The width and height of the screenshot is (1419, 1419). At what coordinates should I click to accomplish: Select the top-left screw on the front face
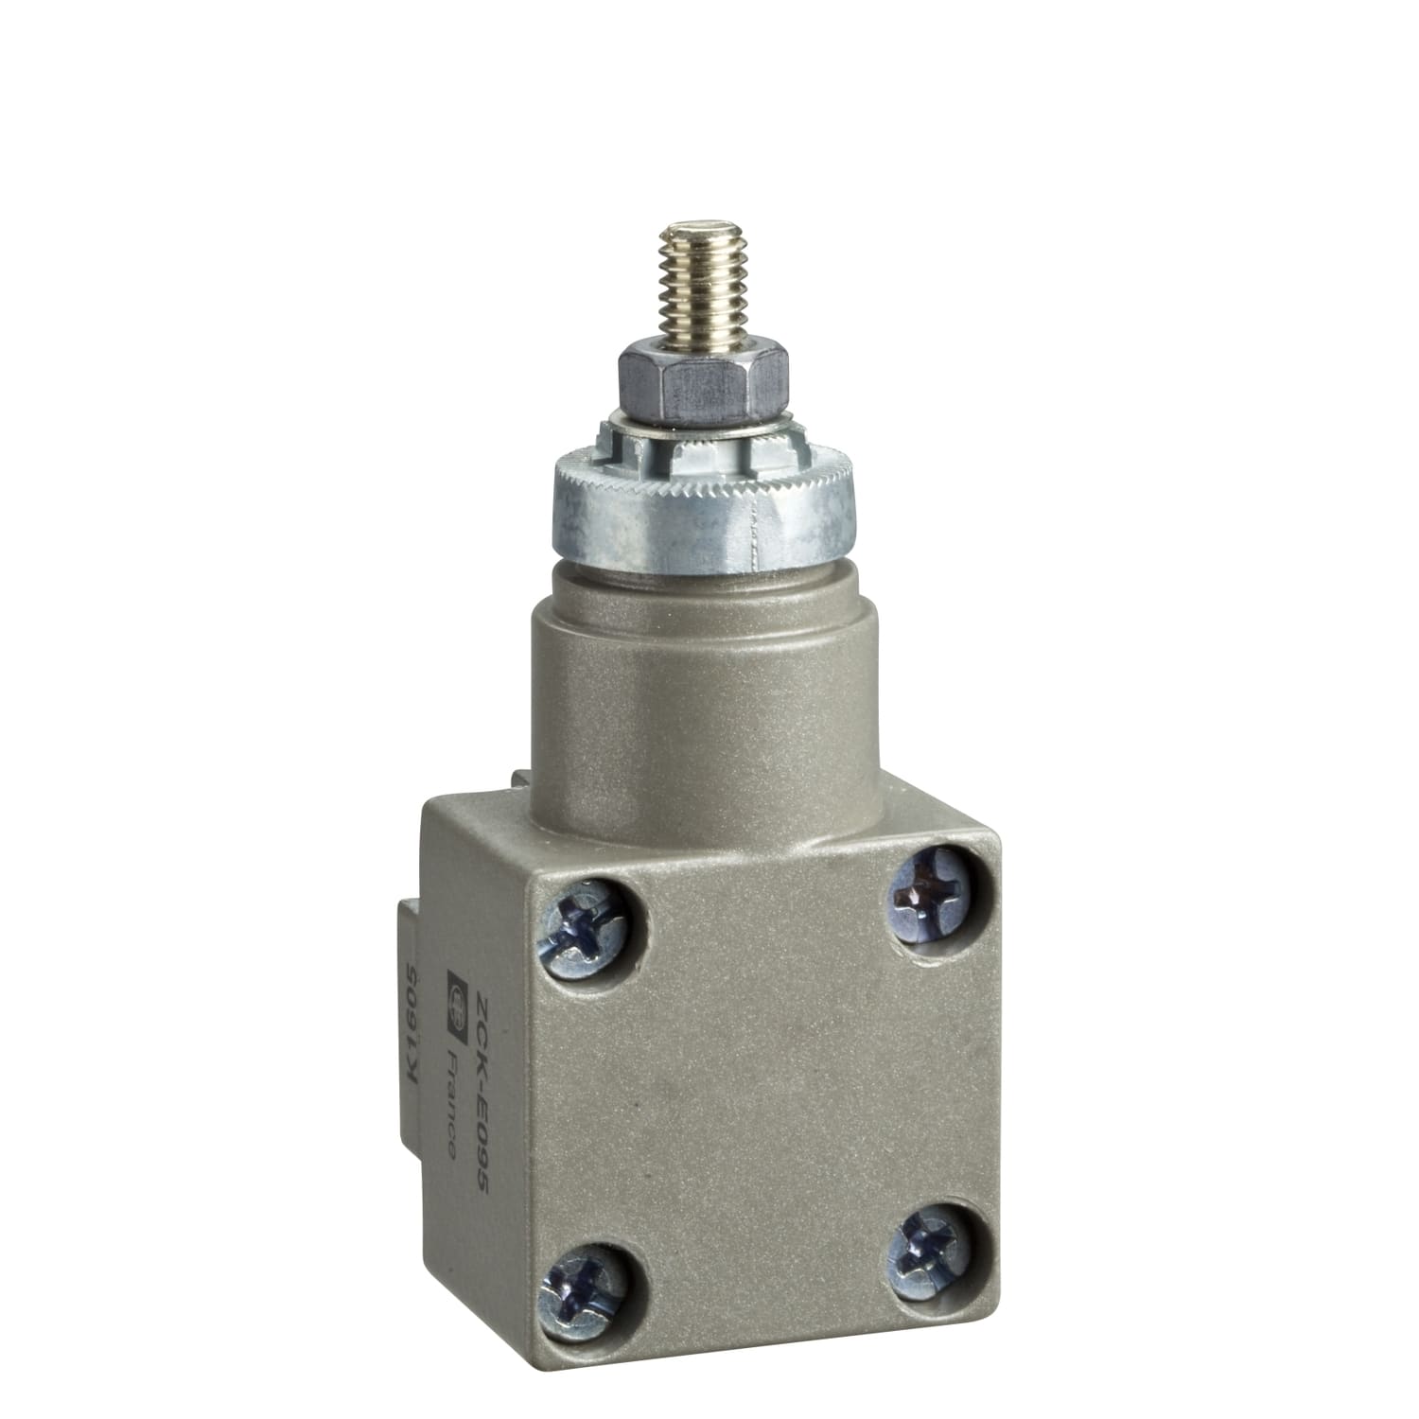584,929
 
